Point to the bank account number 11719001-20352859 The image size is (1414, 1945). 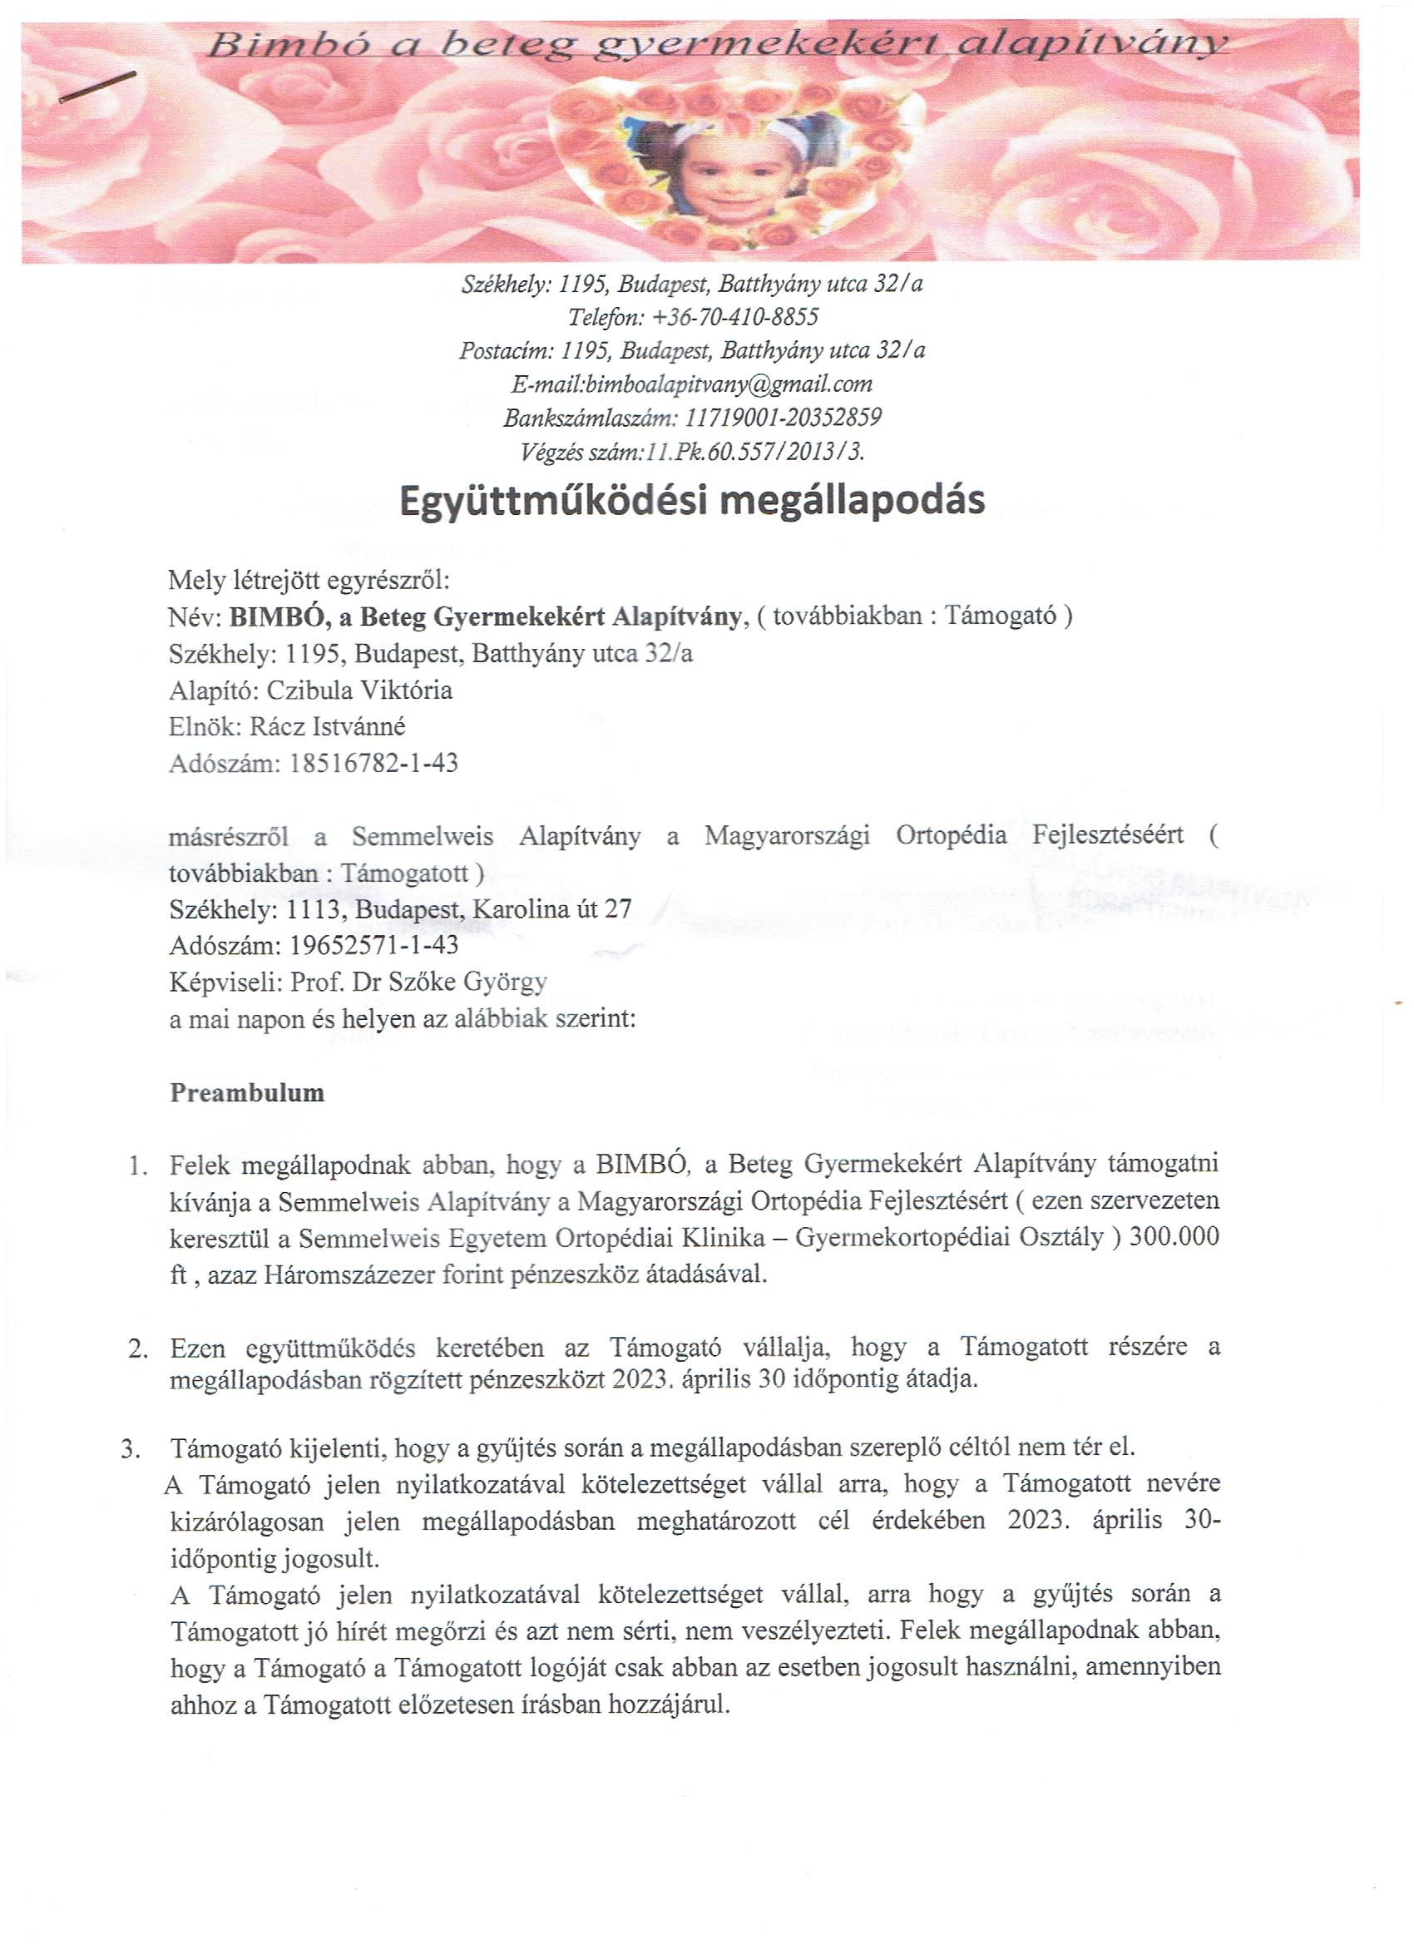point(784,418)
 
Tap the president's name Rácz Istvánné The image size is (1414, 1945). point(327,726)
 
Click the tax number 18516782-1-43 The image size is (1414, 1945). point(373,762)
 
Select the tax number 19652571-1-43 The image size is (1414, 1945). point(373,944)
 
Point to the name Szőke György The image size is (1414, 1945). point(456,981)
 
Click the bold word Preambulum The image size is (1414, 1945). point(247,1092)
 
